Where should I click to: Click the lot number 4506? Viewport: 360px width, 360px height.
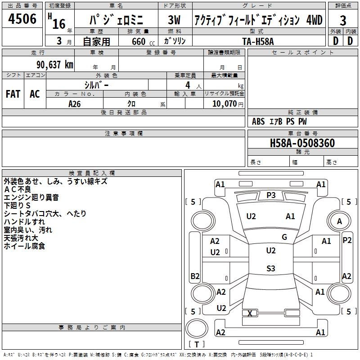coord(22,19)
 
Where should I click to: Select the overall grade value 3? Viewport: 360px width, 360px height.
coord(343,20)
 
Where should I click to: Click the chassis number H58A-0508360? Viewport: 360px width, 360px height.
coord(302,143)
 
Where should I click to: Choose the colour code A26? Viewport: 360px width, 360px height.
coord(75,103)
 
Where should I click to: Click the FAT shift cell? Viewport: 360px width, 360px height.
coord(13,94)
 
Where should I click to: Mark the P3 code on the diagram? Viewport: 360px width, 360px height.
coord(271,195)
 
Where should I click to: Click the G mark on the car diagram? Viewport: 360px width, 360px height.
coord(284,237)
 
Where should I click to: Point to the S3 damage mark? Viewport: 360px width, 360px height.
coord(270,269)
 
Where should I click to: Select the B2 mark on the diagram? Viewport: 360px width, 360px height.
coord(195,276)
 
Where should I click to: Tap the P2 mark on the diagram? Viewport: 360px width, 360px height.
coord(347,240)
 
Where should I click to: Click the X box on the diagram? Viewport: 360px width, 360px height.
coord(250,313)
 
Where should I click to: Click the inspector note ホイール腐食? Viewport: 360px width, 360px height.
coord(24,246)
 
